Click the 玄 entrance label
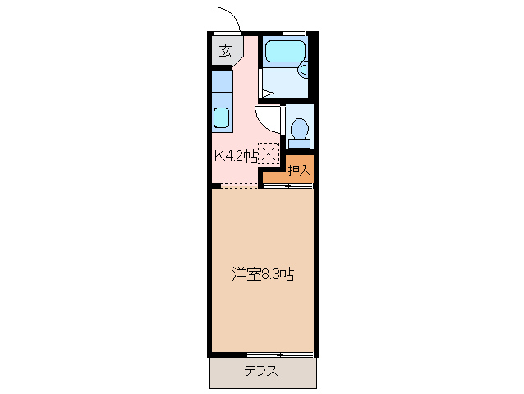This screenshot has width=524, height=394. (223, 51)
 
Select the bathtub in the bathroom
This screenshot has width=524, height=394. (284, 52)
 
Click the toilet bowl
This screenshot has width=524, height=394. (300, 130)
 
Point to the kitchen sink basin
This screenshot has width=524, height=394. (222, 117)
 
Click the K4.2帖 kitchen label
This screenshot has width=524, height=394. (237, 154)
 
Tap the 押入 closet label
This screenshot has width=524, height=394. (299, 170)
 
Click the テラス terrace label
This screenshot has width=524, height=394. (260, 371)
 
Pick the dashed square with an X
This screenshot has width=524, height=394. (269, 153)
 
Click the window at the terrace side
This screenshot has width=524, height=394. (280, 355)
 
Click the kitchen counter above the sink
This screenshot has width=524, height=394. (222, 85)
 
